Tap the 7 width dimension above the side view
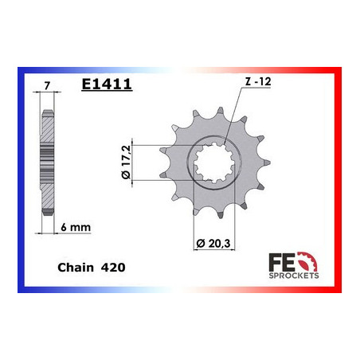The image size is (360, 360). pos(48,83)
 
